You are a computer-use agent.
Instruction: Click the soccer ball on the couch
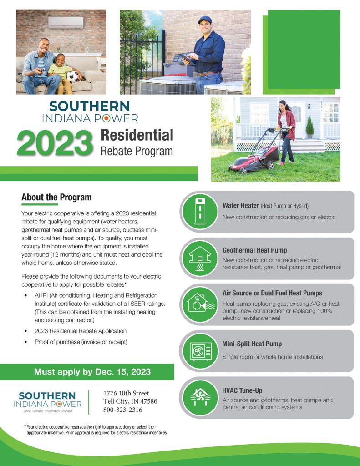pyautogui.click(x=72, y=76)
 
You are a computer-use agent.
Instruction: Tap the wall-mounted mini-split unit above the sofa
pyautogui.click(x=66, y=22)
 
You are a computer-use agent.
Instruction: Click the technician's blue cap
pyautogui.click(x=205, y=20)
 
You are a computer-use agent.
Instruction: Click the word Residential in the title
pyautogui.click(x=137, y=135)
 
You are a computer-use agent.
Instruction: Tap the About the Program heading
pyautogui.click(x=56, y=197)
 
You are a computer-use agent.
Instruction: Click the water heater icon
pyautogui.click(x=198, y=211)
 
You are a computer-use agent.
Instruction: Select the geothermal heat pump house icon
pyautogui.click(x=198, y=258)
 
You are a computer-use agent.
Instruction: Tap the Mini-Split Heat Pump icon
pyautogui.click(x=198, y=351)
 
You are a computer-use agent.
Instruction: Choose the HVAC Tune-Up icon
pyautogui.click(x=198, y=397)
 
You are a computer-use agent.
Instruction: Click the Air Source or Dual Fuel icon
pyautogui.click(x=198, y=304)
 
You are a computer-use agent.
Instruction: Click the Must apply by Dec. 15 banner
pyautogui.click(x=87, y=372)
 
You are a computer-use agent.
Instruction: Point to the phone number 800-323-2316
pyautogui.click(x=123, y=410)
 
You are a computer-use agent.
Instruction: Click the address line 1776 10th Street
pyautogui.click(x=126, y=393)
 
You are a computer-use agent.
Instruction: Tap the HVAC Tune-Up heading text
pyautogui.click(x=242, y=390)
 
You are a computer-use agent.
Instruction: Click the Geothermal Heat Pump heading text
pyautogui.click(x=254, y=250)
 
